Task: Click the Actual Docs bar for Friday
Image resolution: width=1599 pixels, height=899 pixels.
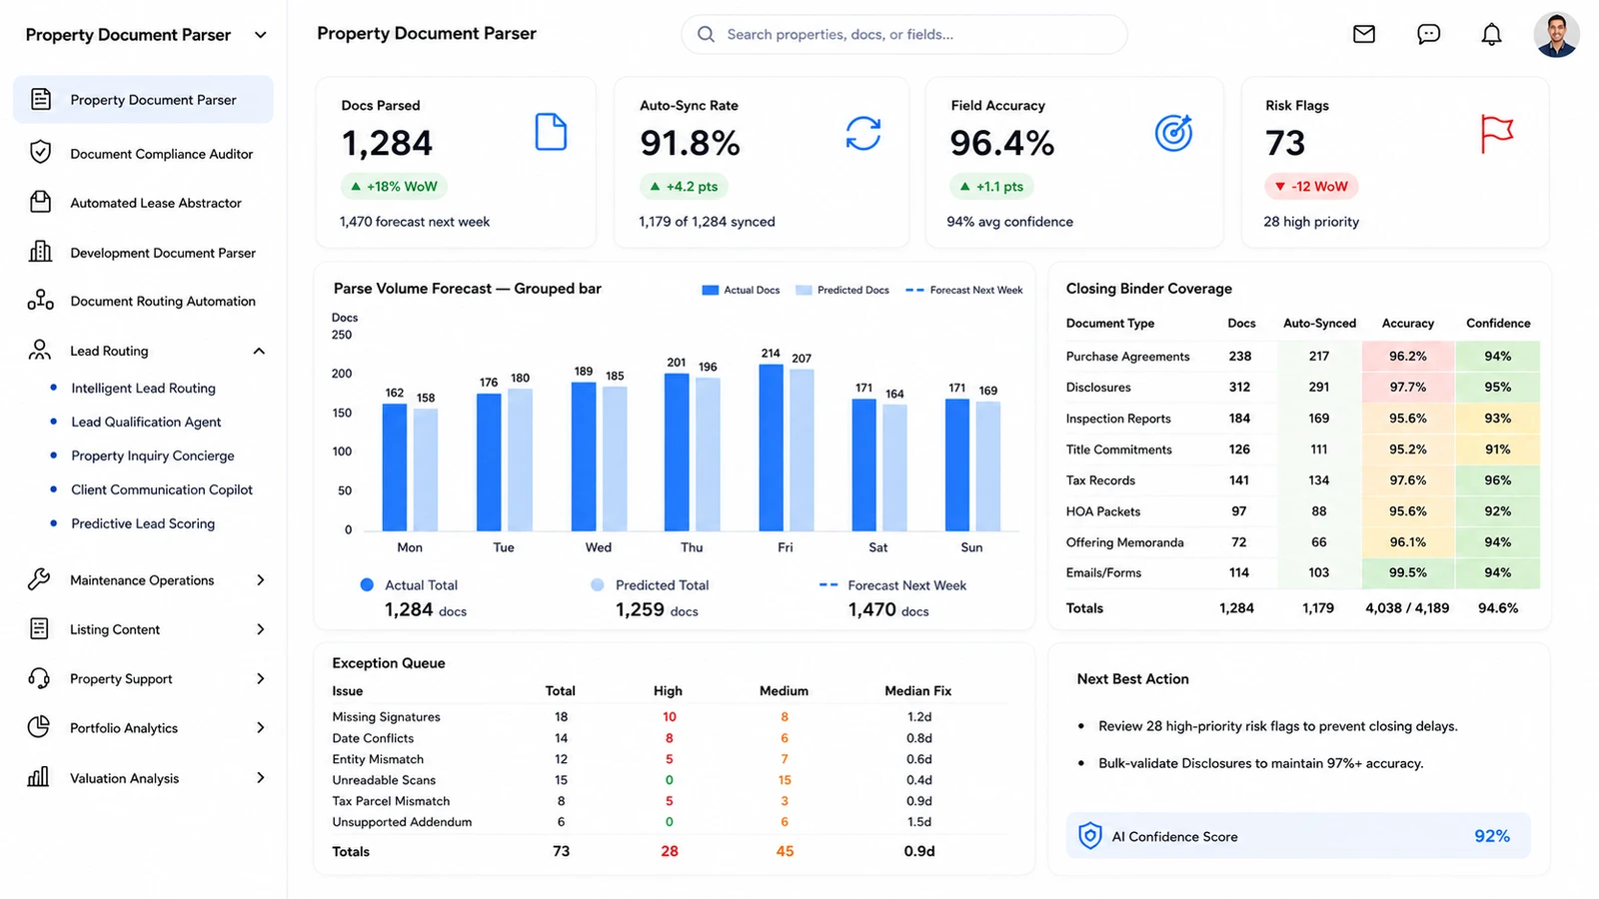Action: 771,448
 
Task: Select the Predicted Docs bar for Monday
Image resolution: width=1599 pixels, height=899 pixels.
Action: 426,469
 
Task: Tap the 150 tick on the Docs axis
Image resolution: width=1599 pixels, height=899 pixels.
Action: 342,413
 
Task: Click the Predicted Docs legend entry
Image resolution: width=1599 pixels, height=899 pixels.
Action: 842,290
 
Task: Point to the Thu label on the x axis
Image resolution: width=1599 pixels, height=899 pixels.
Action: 691,547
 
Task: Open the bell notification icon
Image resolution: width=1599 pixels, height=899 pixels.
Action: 1491,34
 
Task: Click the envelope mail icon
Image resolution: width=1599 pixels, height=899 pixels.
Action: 1363,34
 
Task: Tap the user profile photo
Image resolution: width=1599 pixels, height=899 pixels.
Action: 1556,34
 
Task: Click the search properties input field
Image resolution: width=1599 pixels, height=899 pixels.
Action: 903,34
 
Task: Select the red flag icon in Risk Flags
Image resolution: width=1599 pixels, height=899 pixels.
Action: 1496,134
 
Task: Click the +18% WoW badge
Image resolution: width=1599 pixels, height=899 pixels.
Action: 394,186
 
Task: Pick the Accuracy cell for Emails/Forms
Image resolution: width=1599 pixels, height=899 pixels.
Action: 1408,573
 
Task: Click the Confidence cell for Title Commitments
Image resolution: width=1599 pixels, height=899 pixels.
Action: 1498,449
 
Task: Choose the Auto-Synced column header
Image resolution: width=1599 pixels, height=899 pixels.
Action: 1319,324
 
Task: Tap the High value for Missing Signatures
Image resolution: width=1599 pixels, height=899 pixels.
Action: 669,716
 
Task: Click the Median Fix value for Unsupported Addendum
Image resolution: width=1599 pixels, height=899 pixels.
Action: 918,822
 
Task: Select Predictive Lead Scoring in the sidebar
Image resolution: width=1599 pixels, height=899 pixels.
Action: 143,523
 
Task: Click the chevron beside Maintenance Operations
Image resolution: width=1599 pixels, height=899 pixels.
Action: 261,580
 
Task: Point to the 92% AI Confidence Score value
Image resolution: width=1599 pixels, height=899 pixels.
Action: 1492,836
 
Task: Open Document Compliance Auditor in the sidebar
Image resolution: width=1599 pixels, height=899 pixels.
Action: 161,154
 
